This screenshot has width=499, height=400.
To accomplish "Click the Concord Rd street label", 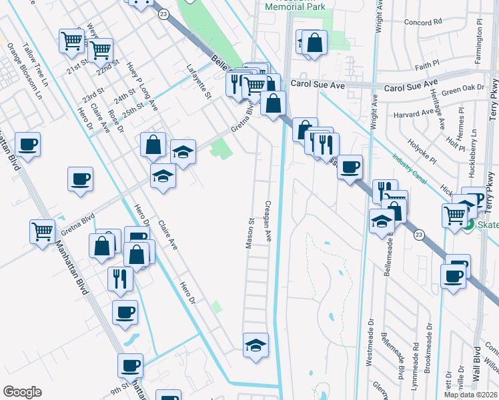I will tap(428, 22).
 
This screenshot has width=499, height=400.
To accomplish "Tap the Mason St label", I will tap(251, 233).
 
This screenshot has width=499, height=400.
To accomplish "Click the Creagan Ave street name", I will tap(270, 221).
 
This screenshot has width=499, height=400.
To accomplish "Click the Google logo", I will tap(22, 392).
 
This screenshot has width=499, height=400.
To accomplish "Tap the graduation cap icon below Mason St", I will tap(256, 345).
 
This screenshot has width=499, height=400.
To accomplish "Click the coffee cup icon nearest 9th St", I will tap(130, 365).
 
